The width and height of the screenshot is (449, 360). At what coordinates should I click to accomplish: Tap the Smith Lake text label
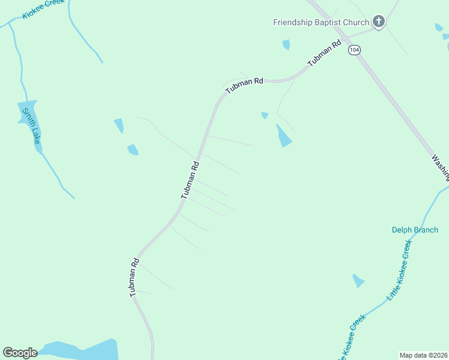(31, 125)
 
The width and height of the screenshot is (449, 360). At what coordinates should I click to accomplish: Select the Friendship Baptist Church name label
(321, 22)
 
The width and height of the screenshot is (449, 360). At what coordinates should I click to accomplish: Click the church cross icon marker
(379, 22)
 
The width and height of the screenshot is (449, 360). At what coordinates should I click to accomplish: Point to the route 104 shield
(354, 50)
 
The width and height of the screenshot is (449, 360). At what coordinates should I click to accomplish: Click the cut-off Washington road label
(440, 167)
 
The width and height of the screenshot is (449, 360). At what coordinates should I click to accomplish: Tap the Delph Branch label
(415, 230)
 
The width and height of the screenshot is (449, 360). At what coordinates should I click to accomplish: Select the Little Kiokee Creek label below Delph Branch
(400, 270)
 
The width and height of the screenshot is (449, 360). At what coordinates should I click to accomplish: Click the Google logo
(20, 353)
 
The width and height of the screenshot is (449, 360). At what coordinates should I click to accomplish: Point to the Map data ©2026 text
(423, 355)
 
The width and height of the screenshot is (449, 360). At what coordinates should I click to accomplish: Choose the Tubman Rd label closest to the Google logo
(134, 277)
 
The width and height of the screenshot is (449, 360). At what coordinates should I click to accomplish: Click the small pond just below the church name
(286, 44)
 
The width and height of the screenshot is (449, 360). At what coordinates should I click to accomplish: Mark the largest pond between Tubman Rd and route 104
(283, 136)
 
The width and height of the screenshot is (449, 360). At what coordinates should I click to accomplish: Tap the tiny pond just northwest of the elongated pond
(265, 115)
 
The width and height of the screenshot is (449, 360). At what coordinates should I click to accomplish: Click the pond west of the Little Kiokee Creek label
(358, 280)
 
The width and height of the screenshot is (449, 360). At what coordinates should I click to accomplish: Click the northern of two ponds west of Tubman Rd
(119, 125)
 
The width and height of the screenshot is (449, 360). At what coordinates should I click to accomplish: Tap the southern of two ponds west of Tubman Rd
(133, 149)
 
